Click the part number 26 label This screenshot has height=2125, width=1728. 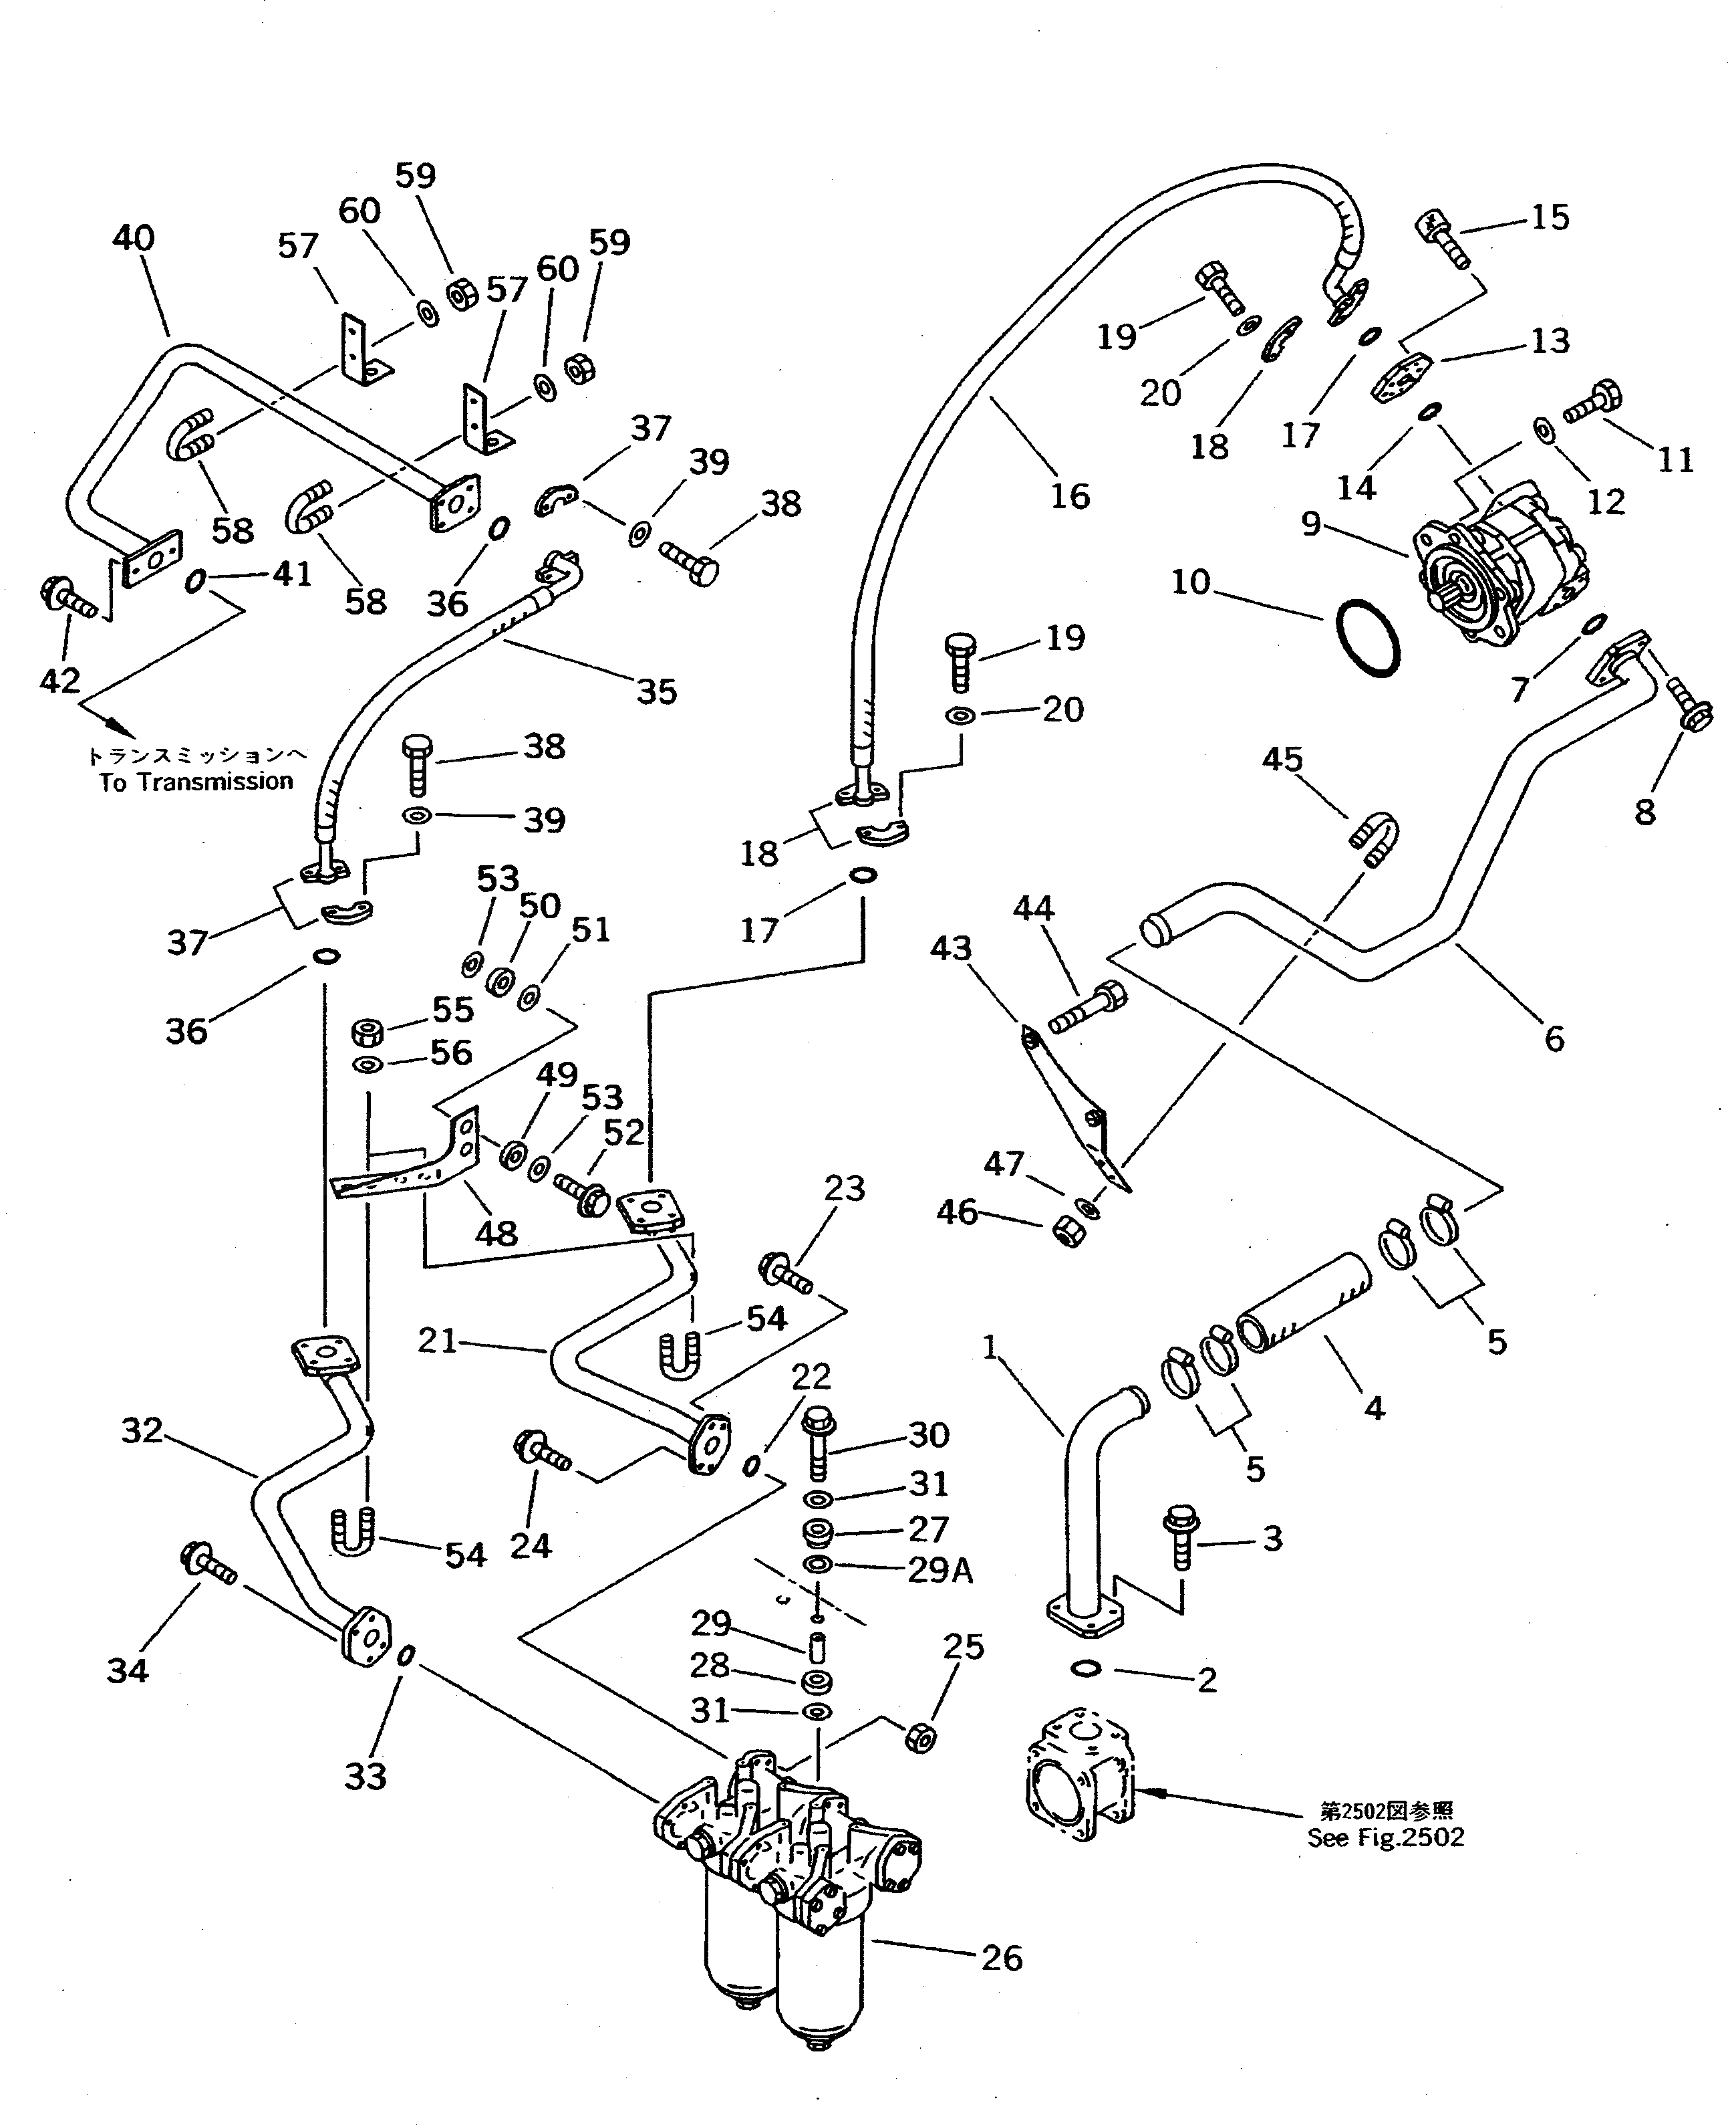click(1002, 1958)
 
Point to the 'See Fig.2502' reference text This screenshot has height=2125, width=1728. click(1386, 1838)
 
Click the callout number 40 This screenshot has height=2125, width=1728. click(134, 238)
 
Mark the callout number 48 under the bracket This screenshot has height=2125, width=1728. click(496, 1234)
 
